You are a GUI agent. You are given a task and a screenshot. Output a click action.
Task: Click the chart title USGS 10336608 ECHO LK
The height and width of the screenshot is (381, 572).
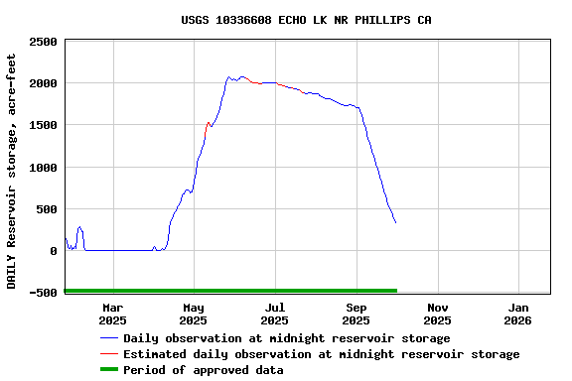coord(306,20)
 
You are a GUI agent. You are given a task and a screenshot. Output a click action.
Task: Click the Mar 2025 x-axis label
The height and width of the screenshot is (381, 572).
coord(112,314)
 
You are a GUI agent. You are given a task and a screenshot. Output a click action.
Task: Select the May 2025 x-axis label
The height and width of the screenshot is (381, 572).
coord(194,314)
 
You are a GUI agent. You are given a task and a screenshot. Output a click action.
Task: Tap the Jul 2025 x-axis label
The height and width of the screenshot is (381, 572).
coord(275,314)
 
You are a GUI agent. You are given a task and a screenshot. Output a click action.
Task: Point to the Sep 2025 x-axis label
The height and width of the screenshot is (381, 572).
coord(356,314)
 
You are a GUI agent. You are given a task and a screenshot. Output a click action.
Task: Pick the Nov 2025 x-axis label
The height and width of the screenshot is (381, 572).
coord(437,314)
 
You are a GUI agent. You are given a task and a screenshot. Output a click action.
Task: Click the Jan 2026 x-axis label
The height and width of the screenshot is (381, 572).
coord(518,314)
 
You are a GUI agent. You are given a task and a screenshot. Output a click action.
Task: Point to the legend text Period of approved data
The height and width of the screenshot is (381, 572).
coord(204,370)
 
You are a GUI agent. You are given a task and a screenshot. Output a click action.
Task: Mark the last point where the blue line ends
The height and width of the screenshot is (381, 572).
coord(395,223)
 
